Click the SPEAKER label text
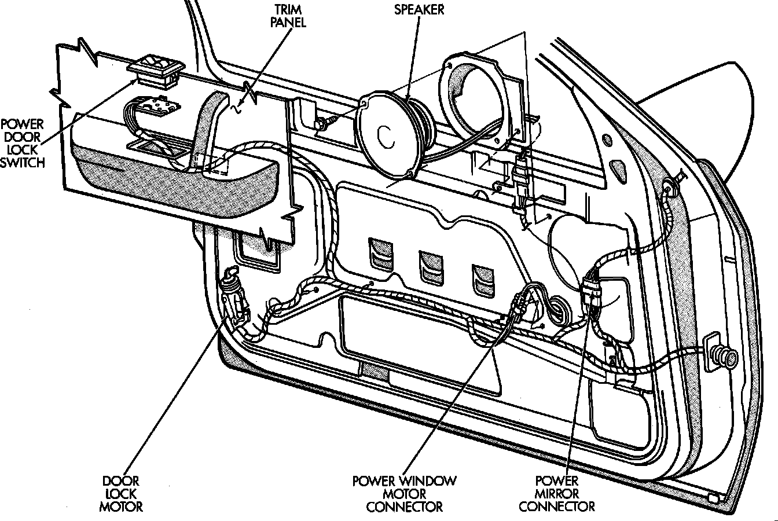pos(419,10)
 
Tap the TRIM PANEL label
pos(288,16)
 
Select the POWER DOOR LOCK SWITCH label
pos(23,144)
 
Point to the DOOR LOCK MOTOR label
pos(121,494)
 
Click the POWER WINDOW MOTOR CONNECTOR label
pos(405,494)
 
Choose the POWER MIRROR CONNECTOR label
pos(557,494)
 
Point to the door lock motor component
pos(233,295)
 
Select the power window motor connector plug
pos(518,306)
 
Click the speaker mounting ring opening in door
pos(476,101)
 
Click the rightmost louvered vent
pos(483,281)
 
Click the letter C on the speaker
pos(386,136)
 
